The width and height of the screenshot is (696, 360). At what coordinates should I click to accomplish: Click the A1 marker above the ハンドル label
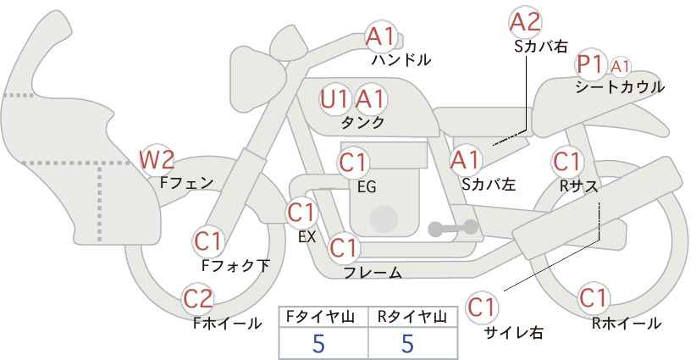380,37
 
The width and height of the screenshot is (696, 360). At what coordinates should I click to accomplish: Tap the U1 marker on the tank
334,100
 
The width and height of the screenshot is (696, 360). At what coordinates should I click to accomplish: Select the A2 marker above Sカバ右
525,22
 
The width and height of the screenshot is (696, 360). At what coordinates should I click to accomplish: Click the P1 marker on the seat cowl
590,65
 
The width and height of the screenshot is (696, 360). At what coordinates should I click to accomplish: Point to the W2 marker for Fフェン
156,160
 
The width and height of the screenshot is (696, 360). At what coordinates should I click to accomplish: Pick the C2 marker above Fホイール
198,299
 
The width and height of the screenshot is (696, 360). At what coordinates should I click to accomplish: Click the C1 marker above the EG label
353,163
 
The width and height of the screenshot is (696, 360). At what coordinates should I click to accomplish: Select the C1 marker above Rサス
566,162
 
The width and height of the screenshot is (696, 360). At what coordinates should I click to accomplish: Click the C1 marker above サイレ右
482,307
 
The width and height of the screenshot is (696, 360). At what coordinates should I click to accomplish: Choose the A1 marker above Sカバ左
465,160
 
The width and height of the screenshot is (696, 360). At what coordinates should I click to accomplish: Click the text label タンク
362,122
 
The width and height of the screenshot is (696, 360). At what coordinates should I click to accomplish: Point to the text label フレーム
373,273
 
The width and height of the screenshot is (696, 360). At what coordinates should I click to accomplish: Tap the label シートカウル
620,87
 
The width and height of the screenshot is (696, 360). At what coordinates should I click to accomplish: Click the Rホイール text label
627,324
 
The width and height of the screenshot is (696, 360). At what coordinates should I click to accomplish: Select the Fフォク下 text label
235,265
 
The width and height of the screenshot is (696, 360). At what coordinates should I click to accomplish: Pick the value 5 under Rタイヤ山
408,343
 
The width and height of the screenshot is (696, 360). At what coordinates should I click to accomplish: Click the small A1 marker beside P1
620,67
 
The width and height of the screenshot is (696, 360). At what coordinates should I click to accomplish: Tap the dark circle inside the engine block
384,219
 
